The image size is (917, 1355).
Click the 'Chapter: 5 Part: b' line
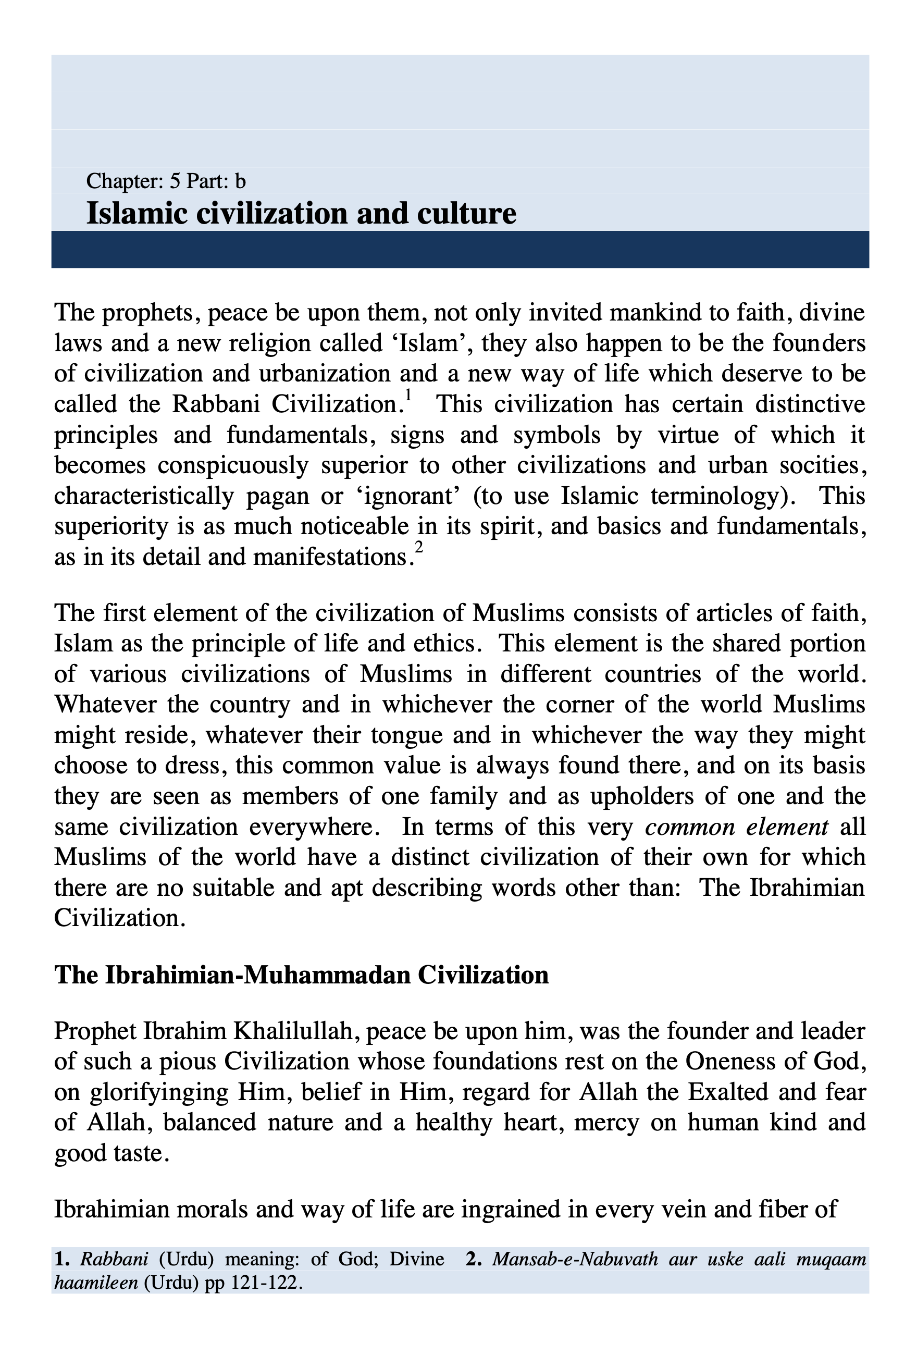pos(166,181)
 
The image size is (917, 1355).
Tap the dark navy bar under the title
pos(460,250)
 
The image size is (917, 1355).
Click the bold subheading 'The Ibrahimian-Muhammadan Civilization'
pos(301,976)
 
